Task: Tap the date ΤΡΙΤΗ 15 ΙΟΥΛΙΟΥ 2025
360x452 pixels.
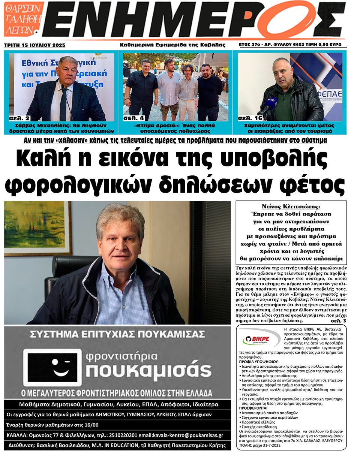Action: [34, 45]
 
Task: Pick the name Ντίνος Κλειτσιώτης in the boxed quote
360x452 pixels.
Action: [291, 207]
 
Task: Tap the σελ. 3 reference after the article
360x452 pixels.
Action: [338, 321]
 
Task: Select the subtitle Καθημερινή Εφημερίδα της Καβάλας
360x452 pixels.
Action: [172, 45]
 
